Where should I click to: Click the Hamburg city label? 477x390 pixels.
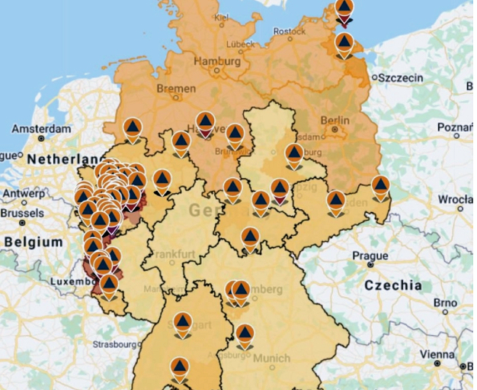pos(216,61)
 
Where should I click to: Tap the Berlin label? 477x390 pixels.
pos(335,120)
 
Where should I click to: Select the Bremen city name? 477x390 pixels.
pos(175,89)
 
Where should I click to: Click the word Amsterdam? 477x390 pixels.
pos(40,129)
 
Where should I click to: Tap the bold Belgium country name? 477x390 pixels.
pos(33,242)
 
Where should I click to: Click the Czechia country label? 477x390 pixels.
pos(392,285)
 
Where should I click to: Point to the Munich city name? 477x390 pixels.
pos(271,358)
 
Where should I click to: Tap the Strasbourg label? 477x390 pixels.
pos(114,345)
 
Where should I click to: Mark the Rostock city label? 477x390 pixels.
pos(289,31)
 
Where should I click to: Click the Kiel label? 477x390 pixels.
pos(222,16)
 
